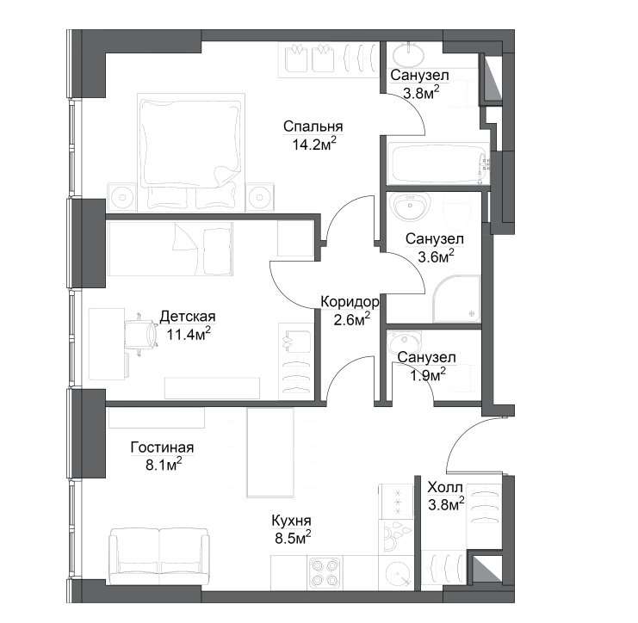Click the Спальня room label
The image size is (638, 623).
pyautogui.click(x=313, y=126)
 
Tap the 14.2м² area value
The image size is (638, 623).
pyautogui.click(x=314, y=144)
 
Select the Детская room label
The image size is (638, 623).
pyautogui.click(x=188, y=316)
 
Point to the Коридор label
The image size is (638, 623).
pyautogui.click(x=350, y=302)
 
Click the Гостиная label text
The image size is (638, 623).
pyautogui.click(x=162, y=447)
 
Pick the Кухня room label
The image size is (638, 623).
pyautogui.click(x=291, y=520)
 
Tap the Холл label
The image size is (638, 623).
pyautogui.click(x=445, y=487)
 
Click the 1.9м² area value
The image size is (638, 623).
pyautogui.click(x=428, y=375)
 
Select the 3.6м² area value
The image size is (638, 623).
pyautogui.click(x=436, y=256)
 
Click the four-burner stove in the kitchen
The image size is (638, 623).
pyautogui.click(x=325, y=572)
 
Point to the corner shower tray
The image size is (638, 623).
pyautogui.click(x=456, y=299)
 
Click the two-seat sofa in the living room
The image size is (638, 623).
pyautogui.click(x=159, y=556)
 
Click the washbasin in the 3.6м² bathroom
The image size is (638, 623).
pyautogui.click(x=410, y=205)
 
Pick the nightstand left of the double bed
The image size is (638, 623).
pyautogui.click(x=121, y=197)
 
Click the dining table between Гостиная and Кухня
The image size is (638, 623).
pyautogui.click(x=270, y=453)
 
